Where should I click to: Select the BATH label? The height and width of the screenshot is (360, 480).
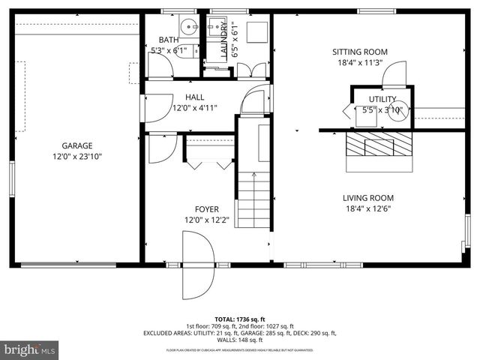[169, 40]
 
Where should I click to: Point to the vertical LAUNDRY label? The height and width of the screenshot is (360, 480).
[224, 41]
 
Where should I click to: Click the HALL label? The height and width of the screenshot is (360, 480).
[194, 97]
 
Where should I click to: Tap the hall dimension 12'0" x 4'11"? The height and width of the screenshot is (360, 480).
[194, 108]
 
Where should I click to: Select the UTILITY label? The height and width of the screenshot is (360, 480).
[382, 99]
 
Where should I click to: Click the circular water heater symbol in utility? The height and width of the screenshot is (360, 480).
[398, 110]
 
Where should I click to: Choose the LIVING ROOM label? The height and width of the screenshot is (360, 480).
[368, 198]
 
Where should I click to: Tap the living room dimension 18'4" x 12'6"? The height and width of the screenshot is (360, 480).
[368, 209]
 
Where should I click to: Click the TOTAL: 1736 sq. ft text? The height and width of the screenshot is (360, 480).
[240, 319]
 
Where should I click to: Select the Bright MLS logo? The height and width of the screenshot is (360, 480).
[30, 349]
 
